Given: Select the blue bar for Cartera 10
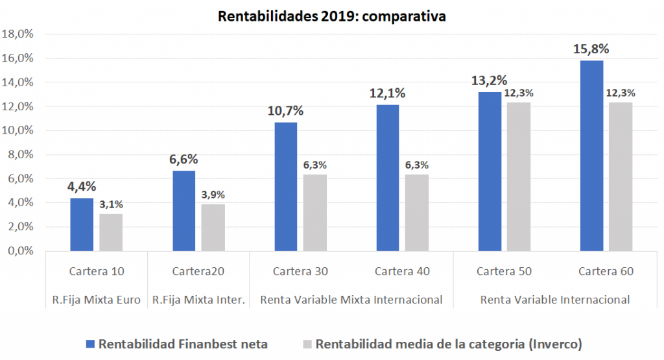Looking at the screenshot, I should point(82,224).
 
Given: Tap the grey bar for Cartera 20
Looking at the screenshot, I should point(213,228).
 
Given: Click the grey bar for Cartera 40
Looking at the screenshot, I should point(417,213).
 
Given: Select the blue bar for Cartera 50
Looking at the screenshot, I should point(490,172).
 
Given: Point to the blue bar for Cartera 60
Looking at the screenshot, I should point(591,156).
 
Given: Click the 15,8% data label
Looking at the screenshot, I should point(591,49).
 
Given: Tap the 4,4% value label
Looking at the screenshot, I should point(82,187).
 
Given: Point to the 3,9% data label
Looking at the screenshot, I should point(213,195).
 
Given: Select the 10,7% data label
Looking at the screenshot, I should point(286,111).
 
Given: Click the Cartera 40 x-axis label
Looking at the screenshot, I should point(402,271).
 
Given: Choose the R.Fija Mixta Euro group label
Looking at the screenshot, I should point(97,300).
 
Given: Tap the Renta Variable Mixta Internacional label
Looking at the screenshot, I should point(351,300).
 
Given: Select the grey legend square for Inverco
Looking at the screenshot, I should point(307,344).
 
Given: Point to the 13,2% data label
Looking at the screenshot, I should point(490,81).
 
